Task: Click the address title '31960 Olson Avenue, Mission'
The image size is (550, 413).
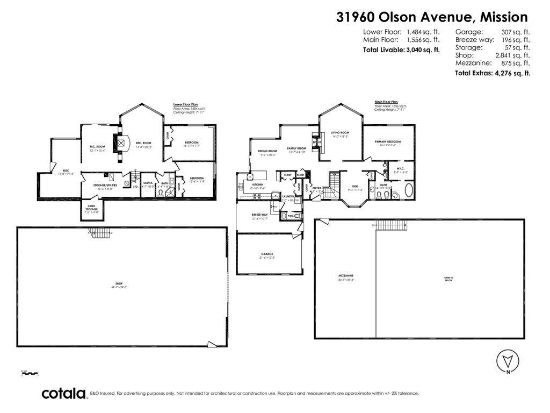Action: (432, 17)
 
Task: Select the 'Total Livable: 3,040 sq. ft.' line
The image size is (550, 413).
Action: (401, 49)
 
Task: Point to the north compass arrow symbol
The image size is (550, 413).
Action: (507, 360)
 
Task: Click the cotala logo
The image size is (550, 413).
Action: (64, 394)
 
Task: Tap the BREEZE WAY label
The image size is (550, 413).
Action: (260, 216)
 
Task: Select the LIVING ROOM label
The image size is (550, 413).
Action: (340, 134)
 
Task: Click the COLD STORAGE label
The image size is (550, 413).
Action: (90, 208)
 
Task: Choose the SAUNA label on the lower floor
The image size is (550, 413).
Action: (148, 183)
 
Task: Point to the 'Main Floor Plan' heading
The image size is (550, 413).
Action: (386, 101)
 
